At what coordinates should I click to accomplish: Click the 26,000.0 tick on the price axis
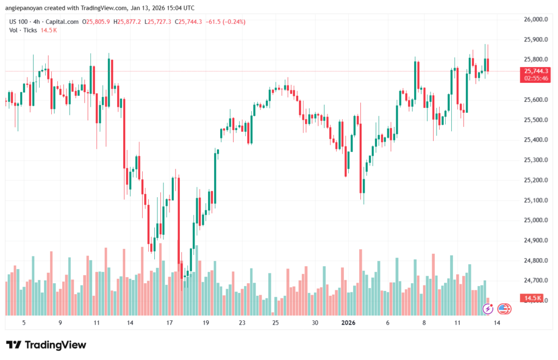click(x=535, y=20)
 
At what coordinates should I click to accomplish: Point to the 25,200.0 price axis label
click(x=535, y=180)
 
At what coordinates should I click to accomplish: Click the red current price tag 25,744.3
click(x=536, y=71)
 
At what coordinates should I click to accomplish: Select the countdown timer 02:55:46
click(x=536, y=78)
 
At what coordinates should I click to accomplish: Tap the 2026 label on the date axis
click(x=348, y=322)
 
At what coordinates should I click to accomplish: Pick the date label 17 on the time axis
click(x=169, y=322)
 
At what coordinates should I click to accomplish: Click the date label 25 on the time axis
click(x=276, y=322)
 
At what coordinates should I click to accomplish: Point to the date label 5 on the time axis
click(x=23, y=322)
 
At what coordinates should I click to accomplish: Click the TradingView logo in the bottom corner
click(x=46, y=345)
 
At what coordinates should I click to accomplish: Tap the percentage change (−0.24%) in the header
click(x=232, y=22)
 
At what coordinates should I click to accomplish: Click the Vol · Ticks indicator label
click(x=23, y=30)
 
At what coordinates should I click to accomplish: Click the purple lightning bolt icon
click(x=489, y=309)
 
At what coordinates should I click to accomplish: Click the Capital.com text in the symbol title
click(x=63, y=22)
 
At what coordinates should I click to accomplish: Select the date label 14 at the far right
click(x=497, y=322)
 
